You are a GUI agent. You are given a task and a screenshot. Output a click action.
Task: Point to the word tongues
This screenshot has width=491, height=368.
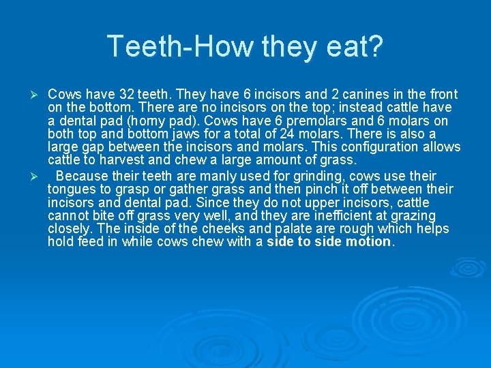pos(71,189)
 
